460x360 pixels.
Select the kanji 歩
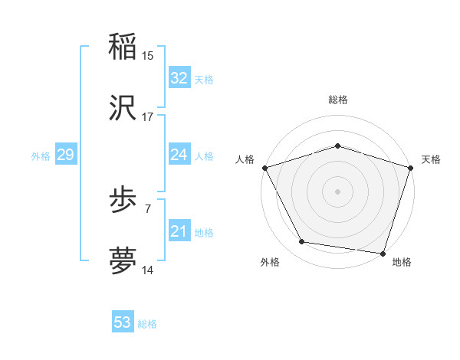coord(123,201)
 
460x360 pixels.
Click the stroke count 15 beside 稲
coord(148,55)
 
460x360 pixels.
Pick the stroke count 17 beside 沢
coord(148,117)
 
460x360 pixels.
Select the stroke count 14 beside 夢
coord(148,270)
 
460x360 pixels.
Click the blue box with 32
coord(179,78)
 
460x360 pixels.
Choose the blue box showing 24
coord(179,155)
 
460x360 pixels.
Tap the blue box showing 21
coord(179,231)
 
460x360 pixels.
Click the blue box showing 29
coord(65,155)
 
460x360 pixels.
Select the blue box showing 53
coord(123,322)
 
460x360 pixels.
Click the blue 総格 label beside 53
coord(147,324)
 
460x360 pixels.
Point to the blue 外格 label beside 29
coord(41,156)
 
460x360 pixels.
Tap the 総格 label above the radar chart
coord(338,100)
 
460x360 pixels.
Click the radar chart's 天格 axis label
coord(431,159)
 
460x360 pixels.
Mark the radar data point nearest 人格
coord(265,168)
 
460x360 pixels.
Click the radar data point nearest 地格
coord(383,253)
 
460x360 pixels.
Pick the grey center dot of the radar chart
coord(338,191)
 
